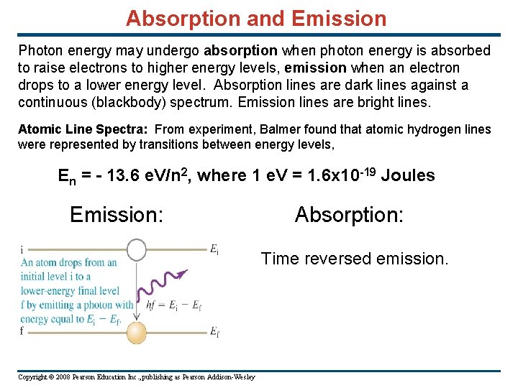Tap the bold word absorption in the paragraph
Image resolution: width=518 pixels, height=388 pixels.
point(240,51)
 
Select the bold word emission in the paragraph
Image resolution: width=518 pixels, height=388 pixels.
point(315,68)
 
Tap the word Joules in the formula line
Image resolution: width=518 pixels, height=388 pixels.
point(408,176)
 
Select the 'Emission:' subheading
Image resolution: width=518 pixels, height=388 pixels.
point(117,215)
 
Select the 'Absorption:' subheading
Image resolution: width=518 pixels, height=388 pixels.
point(349,215)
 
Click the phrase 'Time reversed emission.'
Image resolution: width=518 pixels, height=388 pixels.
point(355,259)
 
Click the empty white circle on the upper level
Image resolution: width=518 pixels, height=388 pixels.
point(137,250)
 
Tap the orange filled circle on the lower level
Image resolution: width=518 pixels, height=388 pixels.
point(137,332)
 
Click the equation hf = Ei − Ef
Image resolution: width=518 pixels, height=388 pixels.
point(173,305)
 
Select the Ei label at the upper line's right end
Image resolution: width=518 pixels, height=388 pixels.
point(214,249)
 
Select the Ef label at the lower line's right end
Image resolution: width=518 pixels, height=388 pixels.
point(214,332)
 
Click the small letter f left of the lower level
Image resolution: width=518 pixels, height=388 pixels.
point(23,331)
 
